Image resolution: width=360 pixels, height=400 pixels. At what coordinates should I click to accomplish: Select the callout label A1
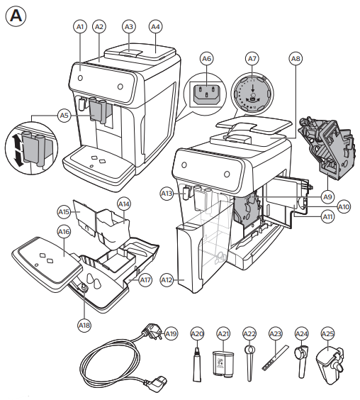pyautogui.click(x=80, y=26)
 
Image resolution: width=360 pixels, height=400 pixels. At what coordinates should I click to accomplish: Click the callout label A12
pyautogui.click(x=167, y=280)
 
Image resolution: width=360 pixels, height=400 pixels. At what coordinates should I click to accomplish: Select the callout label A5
pyautogui.click(x=64, y=114)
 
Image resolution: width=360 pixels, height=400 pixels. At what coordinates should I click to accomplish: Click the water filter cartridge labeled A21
pyautogui.click(x=224, y=359)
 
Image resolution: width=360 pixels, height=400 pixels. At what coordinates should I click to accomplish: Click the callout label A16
pyautogui.click(x=63, y=232)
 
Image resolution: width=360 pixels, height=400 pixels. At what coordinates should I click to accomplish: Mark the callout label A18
pyautogui.click(x=84, y=326)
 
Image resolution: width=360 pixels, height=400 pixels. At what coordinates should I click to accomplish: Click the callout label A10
pyautogui.click(x=344, y=207)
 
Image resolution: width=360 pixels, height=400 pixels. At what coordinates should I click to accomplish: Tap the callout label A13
pyautogui.click(x=167, y=193)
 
